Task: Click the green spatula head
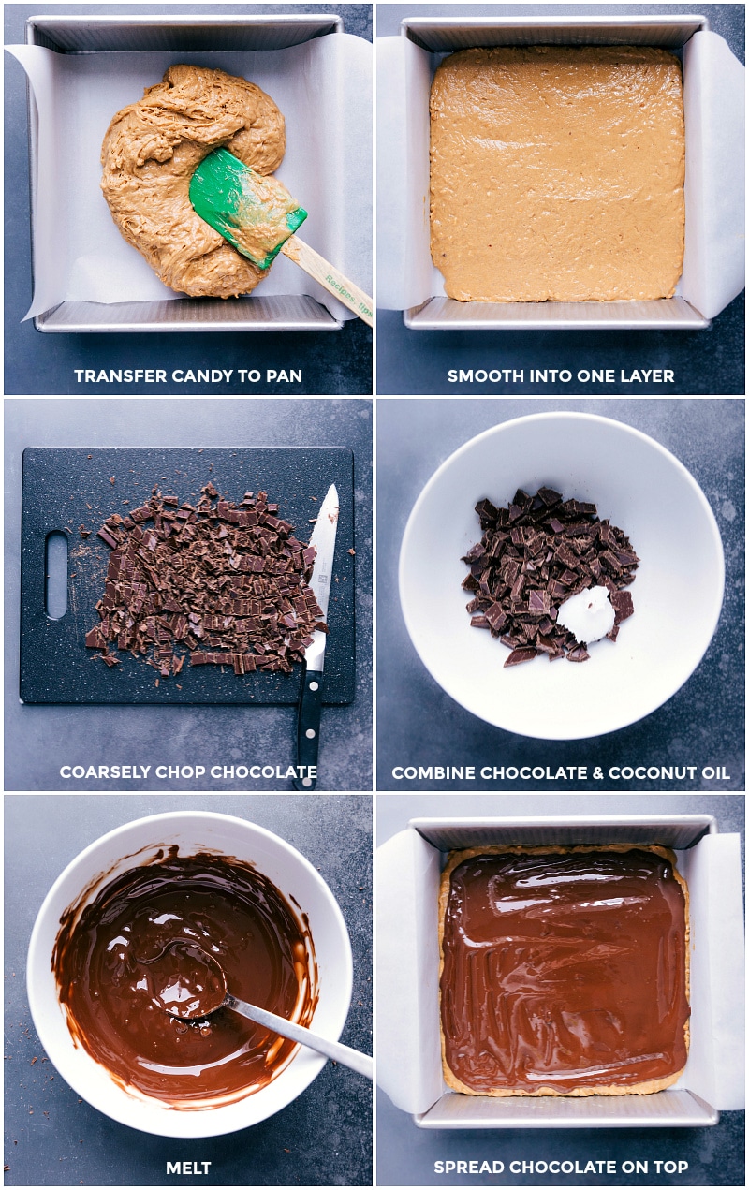(x=247, y=206)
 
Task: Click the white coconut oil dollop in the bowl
(x=586, y=614)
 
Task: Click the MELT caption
(x=188, y=1168)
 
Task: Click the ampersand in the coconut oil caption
(x=597, y=772)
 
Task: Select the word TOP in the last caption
(x=671, y=1167)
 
